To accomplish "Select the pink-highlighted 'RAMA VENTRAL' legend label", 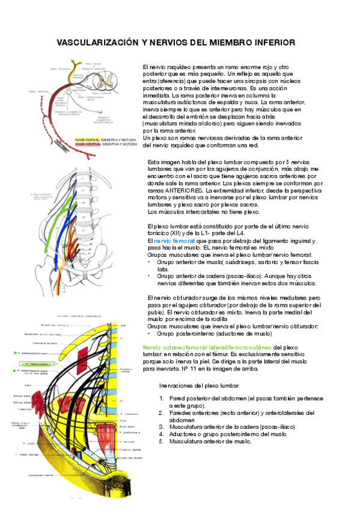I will pos(88,144).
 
